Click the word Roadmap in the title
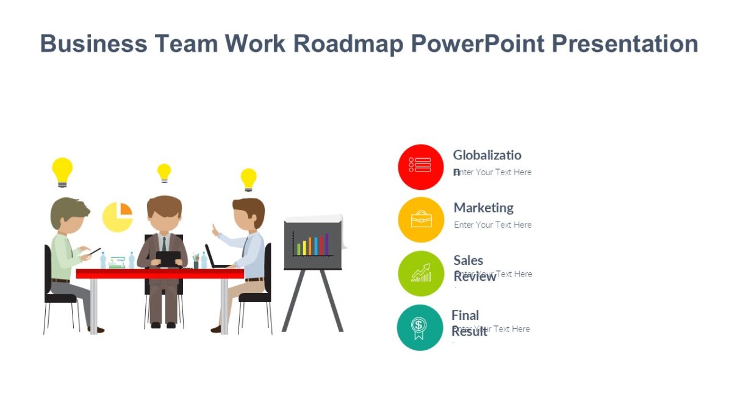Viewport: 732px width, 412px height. pos(346,44)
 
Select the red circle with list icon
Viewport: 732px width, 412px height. pos(420,167)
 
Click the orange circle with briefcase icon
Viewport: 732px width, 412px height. pos(421,220)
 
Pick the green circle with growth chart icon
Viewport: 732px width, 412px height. pos(421,273)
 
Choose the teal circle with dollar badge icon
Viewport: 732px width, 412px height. pos(420,327)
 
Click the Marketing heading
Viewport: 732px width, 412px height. pos(483,208)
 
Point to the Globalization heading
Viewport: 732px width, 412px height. pos(487,155)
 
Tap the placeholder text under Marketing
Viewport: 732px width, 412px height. pos(492,225)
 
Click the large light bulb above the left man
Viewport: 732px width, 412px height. pos(62,171)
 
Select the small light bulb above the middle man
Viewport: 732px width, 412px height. pos(164,172)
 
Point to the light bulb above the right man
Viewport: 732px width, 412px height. pos(248,178)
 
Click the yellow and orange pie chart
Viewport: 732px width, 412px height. pos(118,217)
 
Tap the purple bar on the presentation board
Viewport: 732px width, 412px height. pos(326,244)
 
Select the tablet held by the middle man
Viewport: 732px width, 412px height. pos(168,258)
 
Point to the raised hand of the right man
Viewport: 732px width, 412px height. pos(215,230)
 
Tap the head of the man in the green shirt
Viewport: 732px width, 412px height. pos(68,215)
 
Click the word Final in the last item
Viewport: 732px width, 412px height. pos(465,315)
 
